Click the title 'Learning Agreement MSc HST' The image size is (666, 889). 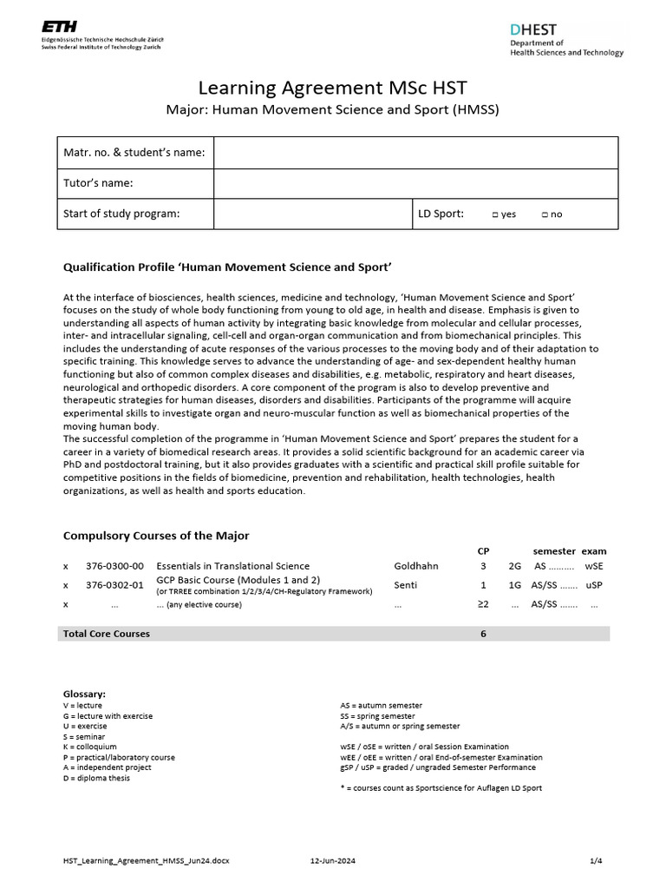(x=333, y=88)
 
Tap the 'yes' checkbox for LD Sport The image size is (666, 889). (x=494, y=214)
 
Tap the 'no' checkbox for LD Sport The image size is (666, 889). (x=544, y=214)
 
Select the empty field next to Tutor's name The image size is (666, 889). (x=415, y=183)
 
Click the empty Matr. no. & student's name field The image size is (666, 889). (x=415, y=153)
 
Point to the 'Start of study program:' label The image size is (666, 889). (x=121, y=214)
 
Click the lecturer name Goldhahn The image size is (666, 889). (x=416, y=566)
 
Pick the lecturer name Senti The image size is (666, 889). (x=405, y=585)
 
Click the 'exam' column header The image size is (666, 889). (x=594, y=551)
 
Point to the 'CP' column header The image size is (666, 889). (x=483, y=551)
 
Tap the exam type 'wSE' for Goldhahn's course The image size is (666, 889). (x=594, y=566)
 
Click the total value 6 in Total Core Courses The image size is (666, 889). (x=483, y=634)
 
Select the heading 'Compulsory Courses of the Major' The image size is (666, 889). (x=156, y=536)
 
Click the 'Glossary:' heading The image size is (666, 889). (x=85, y=694)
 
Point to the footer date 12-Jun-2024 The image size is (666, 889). (x=332, y=860)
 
